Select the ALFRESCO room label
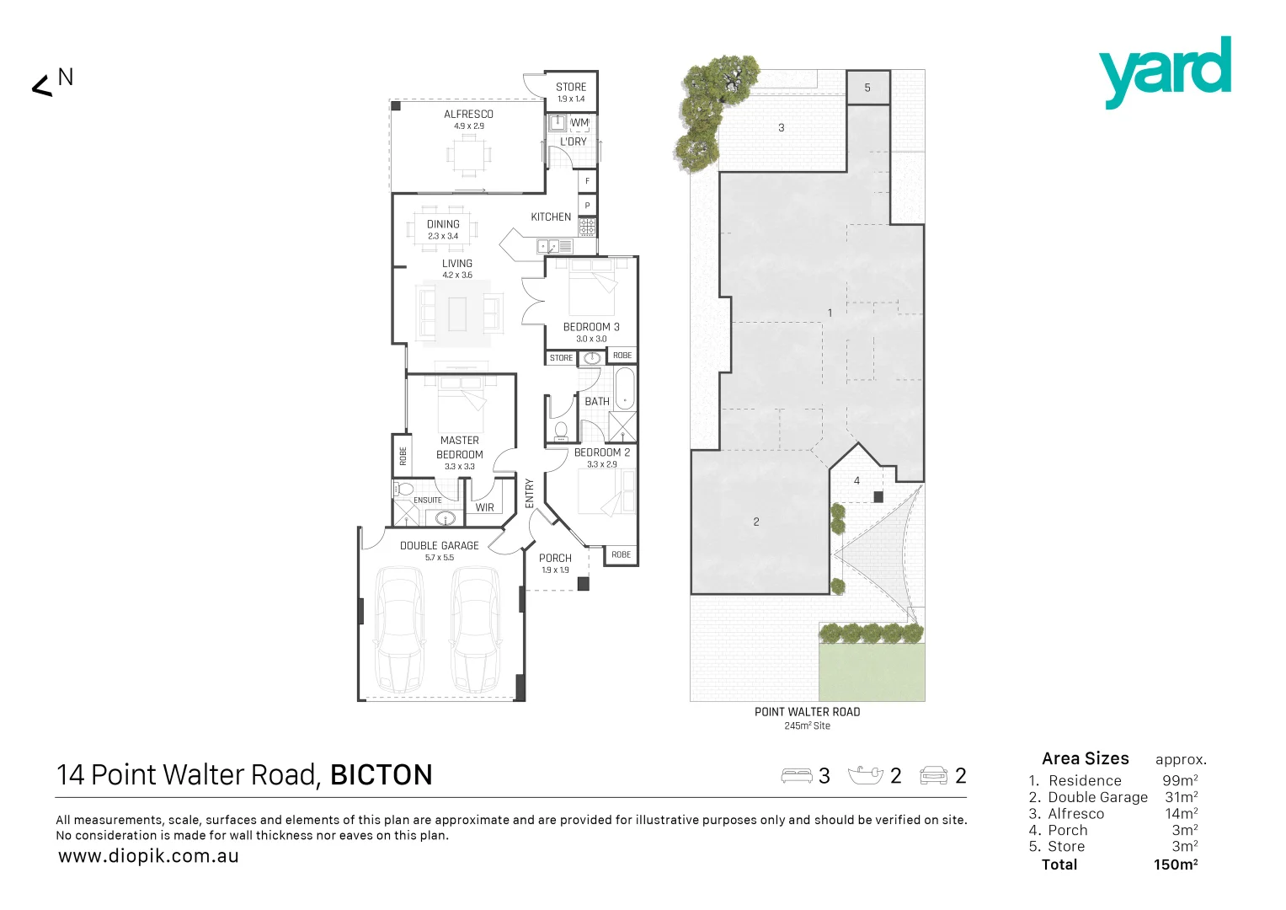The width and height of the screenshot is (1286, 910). (468, 115)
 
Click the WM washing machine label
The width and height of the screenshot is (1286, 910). (579, 123)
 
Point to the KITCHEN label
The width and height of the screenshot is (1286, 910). (551, 217)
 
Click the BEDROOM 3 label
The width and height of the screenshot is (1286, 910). (591, 327)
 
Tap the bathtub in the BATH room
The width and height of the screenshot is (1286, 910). (624, 388)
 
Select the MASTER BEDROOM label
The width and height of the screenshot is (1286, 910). (459, 447)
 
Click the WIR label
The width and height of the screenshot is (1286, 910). (485, 507)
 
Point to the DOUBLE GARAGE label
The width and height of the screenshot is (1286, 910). (439, 546)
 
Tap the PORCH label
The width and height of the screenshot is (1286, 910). (555, 558)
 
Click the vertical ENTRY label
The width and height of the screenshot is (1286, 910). (530, 493)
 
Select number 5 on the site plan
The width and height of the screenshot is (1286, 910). (867, 88)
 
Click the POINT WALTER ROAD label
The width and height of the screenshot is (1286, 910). (807, 712)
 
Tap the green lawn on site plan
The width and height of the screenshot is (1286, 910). (872, 672)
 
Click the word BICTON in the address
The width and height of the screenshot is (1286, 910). (381, 775)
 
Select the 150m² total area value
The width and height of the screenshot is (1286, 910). (1176, 864)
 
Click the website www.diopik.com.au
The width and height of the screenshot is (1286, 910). (148, 856)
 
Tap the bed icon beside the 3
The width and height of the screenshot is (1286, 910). (797, 776)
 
